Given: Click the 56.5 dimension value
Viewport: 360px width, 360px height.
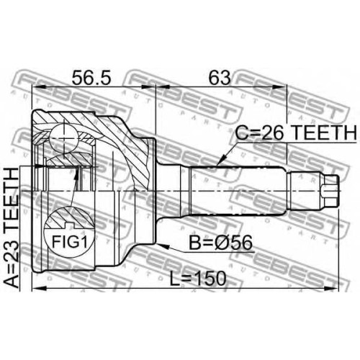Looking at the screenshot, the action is click(91, 78).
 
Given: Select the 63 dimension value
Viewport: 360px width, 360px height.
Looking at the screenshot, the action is click(220, 78).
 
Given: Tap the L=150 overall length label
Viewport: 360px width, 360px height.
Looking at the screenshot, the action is click(198, 279).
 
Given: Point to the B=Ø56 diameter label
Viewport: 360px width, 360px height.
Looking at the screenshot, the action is click(220, 243).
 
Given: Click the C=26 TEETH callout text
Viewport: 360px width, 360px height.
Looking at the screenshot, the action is click(296, 132).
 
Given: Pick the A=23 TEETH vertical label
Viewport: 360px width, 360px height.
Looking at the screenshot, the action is click(12, 228).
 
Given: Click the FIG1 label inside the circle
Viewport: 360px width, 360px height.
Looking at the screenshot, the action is click(69, 242).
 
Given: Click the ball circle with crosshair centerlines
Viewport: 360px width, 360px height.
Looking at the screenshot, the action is click(64, 138).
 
